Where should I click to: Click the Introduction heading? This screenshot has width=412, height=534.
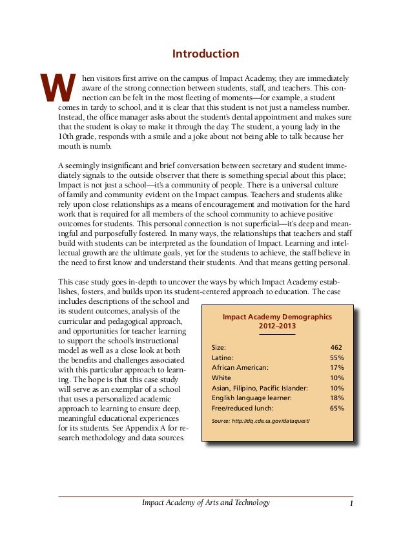[206, 54]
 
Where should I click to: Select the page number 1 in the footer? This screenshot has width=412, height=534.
[349, 503]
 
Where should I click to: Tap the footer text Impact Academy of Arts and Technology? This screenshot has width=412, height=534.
[205, 503]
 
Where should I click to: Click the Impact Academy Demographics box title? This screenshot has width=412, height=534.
[277, 317]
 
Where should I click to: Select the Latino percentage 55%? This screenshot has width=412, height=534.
[336, 358]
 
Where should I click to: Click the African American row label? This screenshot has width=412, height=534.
[240, 368]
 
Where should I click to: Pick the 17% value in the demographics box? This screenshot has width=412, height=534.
[336, 368]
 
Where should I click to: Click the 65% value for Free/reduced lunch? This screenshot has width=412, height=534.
[336, 409]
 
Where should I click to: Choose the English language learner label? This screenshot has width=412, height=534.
[251, 398]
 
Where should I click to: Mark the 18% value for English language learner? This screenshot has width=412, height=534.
[336, 398]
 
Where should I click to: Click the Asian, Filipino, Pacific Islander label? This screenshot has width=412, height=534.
[260, 388]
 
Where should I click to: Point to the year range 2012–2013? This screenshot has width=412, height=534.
[276, 327]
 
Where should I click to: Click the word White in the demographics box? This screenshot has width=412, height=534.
[221, 378]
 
